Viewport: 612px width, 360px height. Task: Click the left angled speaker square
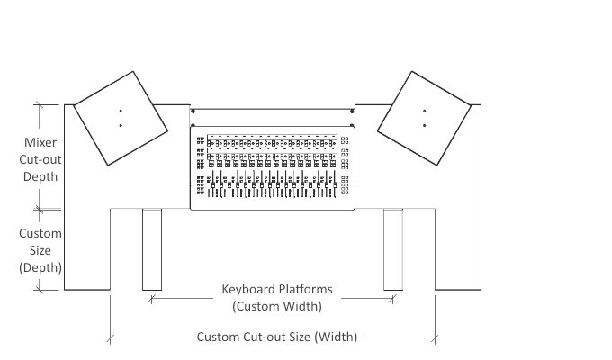tap(121, 118)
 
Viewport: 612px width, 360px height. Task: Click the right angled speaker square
tap(424, 118)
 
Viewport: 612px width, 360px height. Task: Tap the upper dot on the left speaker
tap(121, 112)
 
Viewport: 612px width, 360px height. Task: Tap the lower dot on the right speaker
tap(424, 125)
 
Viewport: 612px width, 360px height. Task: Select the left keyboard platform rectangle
tap(152, 249)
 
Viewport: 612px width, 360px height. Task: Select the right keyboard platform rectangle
tap(393, 249)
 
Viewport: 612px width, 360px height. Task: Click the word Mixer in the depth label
tap(40, 142)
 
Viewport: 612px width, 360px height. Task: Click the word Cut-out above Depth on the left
tap(40, 159)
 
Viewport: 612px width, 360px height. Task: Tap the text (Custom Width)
tap(277, 306)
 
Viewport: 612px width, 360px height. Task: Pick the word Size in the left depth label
tap(40, 250)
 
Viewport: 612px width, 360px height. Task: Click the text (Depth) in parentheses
tap(40, 267)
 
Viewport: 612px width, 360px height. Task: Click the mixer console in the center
tap(273, 168)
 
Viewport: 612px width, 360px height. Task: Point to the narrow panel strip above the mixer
tap(273, 118)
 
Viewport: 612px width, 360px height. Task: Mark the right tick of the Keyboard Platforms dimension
tap(393, 299)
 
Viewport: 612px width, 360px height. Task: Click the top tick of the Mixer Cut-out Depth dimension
tap(39, 104)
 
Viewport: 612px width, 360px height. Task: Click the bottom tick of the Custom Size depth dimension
tap(39, 290)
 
